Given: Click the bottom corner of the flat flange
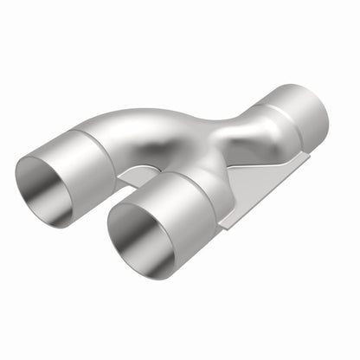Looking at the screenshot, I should [x=222, y=226].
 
